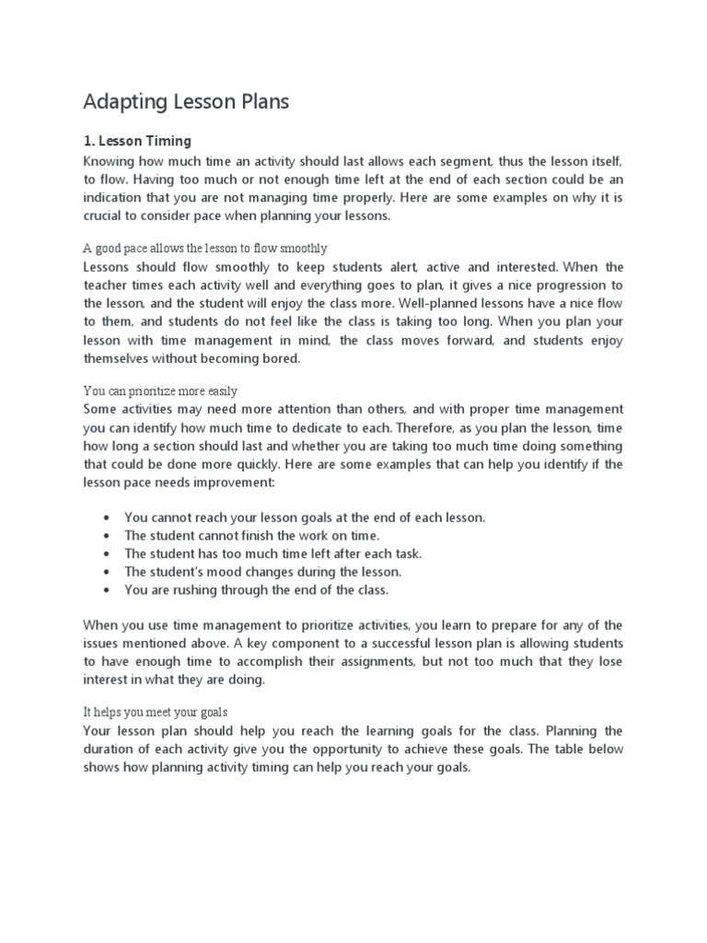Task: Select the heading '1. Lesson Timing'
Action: click(x=137, y=141)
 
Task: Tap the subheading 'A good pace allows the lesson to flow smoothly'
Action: click(x=204, y=249)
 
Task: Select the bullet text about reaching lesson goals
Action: click(x=305, y=518)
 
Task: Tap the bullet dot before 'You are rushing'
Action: click(x=109, y=589)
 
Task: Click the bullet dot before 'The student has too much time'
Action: click(x=109, y=553)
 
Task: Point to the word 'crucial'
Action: click(x=105, y=215)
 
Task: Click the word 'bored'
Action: click(x=282, y=359)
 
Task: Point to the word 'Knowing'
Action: click(x=109, y=160)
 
